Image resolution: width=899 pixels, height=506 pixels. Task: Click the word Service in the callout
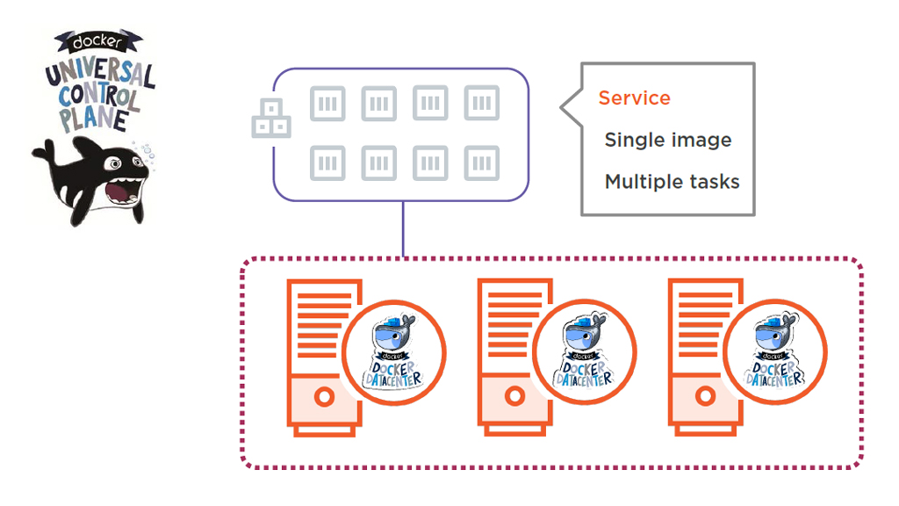click(x=634, y=98)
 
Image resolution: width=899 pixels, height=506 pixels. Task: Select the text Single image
click(x=667, y=140)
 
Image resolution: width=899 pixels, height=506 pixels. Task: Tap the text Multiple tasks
click(x=672, y=182)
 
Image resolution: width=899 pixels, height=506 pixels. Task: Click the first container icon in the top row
click(x=327, y=104)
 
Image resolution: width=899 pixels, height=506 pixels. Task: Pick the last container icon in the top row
click(x=482, y=104)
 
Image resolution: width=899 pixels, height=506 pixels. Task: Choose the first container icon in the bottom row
click(x=327, y=163)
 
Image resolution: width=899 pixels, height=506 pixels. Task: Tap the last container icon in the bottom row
click(x=482, y=163)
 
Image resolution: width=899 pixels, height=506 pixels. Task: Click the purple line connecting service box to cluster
click(x=403, y=230)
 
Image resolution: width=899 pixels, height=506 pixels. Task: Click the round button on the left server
click(x=324, y=397)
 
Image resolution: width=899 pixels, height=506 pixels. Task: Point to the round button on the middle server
click(x=514, y=397)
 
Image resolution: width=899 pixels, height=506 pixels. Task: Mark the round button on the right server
click(x=705, y=397)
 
